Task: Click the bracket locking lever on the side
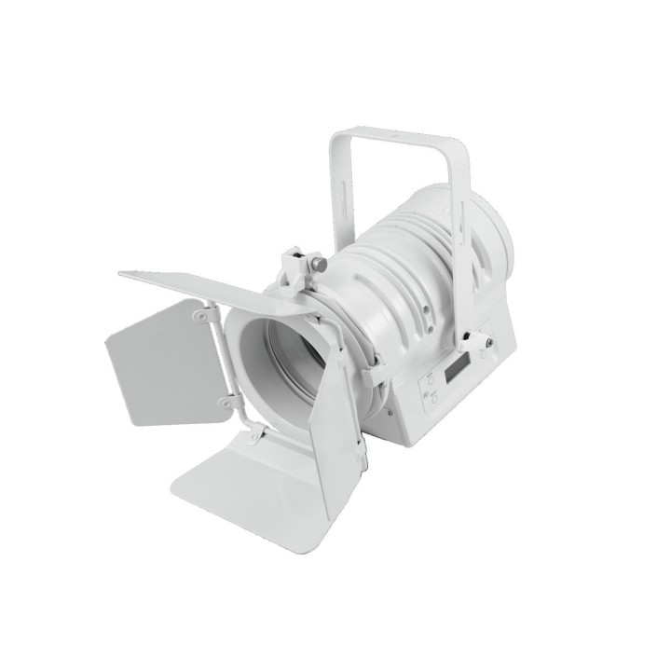point(481,342)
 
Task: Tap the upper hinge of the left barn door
point(199,317)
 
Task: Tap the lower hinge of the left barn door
point(224,403)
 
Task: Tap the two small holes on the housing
point(430,308)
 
